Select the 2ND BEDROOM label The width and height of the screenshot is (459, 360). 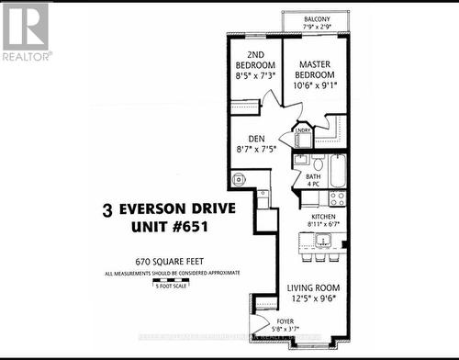(x=257, y=60)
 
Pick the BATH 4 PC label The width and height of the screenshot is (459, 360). (x=313, y=179)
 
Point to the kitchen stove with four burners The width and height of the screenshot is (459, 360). (x=336, y=196)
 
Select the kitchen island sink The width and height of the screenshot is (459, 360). (x=323, y=242)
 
